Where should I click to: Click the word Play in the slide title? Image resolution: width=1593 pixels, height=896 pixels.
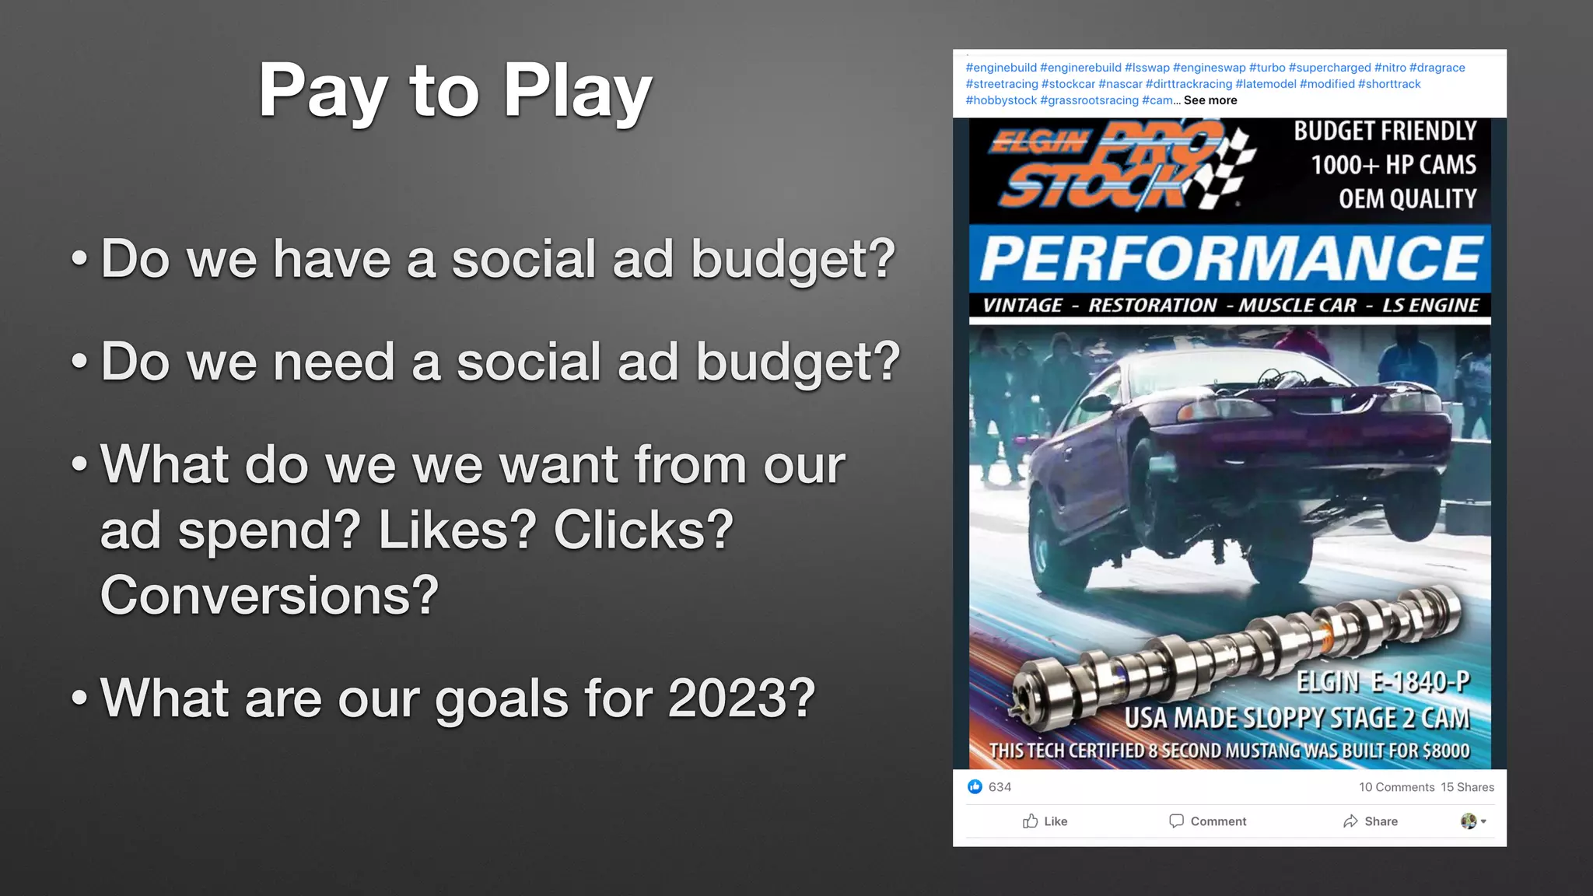pos(577,92)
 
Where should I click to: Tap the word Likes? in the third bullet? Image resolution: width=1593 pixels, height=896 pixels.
pos(457,530)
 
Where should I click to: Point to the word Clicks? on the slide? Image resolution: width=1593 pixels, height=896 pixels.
pos(643,530)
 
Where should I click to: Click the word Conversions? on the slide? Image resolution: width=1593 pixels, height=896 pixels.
pos(269,596)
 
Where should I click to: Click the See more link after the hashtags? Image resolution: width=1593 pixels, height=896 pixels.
pos(1210,100)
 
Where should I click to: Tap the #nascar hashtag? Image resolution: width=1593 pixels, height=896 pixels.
pos(1120,84)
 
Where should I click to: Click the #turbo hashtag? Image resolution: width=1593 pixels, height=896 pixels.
pos(1267,68)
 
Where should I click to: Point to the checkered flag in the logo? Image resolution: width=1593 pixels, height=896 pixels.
pos(1227,167)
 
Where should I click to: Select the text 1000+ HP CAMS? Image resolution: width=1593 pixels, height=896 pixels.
pos(1393,165)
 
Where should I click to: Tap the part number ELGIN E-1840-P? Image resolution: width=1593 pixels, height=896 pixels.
pos(1383,682)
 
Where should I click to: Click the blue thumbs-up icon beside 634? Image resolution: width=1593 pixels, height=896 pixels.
pos(975,787)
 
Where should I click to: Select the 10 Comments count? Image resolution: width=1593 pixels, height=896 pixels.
pos(1396,787)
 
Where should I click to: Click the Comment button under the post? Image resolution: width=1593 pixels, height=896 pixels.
pos(1207,821)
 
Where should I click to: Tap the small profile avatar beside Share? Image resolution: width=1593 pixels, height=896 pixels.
pos(1469,821)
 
